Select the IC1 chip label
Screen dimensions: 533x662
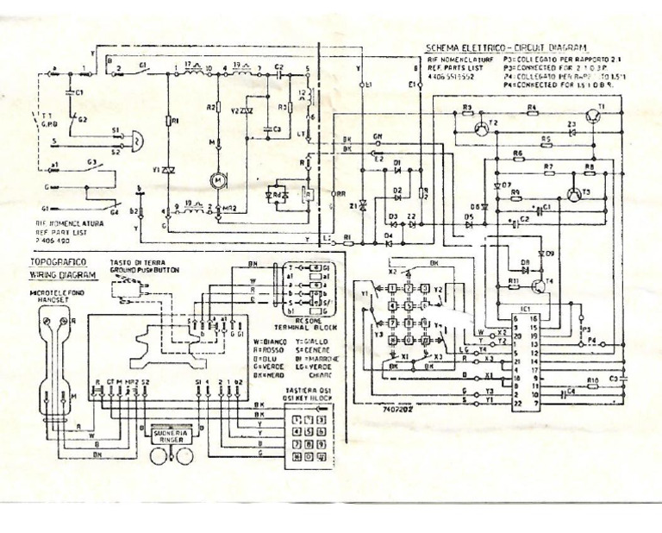pyautogui.click(x=524, y=307)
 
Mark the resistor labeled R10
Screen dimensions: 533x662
pyautogui.click(x=592, y=380)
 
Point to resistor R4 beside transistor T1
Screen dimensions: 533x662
pyautogui.click(x=531, y=109)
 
